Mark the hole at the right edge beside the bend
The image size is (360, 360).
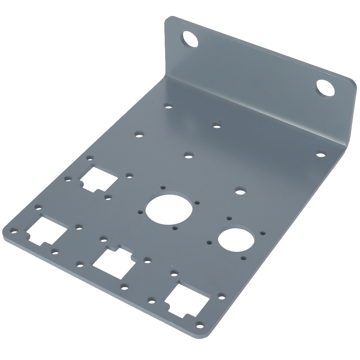pyautogui.click(x=320, y=154)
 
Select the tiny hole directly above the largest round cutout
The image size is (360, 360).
pyautogui.click(x=163, y=187)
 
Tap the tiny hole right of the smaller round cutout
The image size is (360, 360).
pyautogui.click(x=263, y=233)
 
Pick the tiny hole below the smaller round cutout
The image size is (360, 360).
pyautogui.click(x=244, y=257)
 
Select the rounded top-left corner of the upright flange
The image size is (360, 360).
pyautogui.click(x=168, y=20)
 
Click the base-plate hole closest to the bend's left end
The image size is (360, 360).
pyautogui.click(x=168, y=107)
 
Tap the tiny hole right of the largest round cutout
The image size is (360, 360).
pyautogui.click(x=197, y=202)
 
